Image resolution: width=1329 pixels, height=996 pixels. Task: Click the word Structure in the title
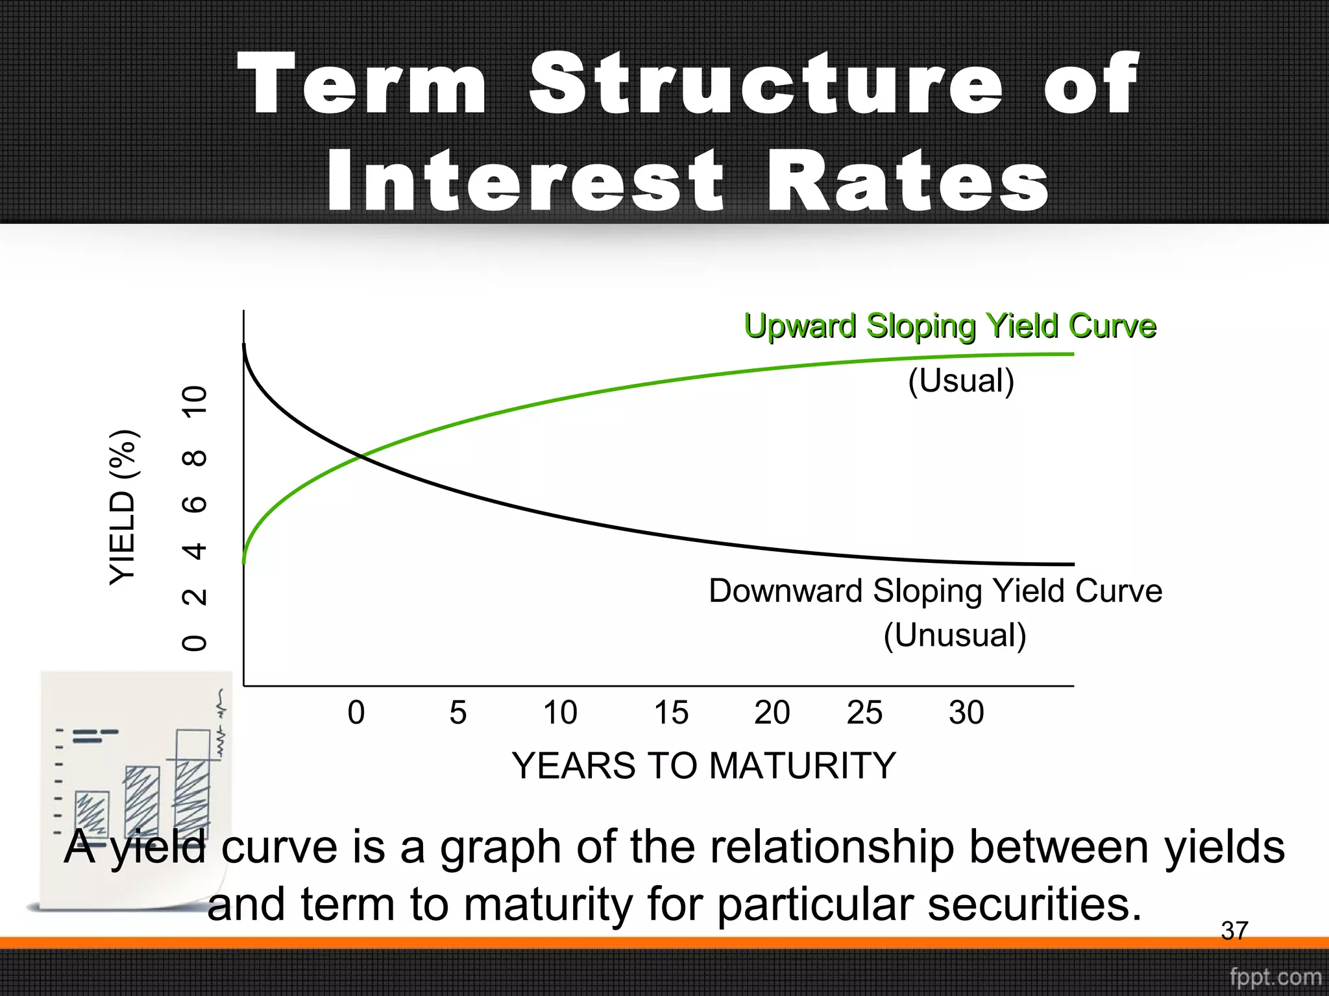(x=766, y=84)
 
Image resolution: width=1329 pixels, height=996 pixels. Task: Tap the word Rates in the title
(x=908, y=182)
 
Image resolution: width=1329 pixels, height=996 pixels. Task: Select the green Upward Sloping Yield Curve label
(x=949, y=326)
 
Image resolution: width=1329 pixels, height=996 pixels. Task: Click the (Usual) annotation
(x=960, y=381)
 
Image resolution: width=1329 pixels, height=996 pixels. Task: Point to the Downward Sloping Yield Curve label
(x=935, y=591)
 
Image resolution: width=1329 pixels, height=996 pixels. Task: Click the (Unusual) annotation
(x=955, y=635)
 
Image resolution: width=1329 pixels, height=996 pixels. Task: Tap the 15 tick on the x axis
(x=670, y=713)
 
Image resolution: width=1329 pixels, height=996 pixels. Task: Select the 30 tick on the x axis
(x=966, y=713)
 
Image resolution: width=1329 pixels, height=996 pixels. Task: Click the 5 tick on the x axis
(x=458, y=713)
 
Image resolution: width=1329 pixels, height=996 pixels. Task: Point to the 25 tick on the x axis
(x=864, y=713)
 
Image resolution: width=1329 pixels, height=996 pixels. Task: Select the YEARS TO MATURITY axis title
(x=703, y=766)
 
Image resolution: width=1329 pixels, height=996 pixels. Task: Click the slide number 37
(x=1234, y=931)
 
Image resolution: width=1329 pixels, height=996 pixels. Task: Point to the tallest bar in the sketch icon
(x=193, y=785)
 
